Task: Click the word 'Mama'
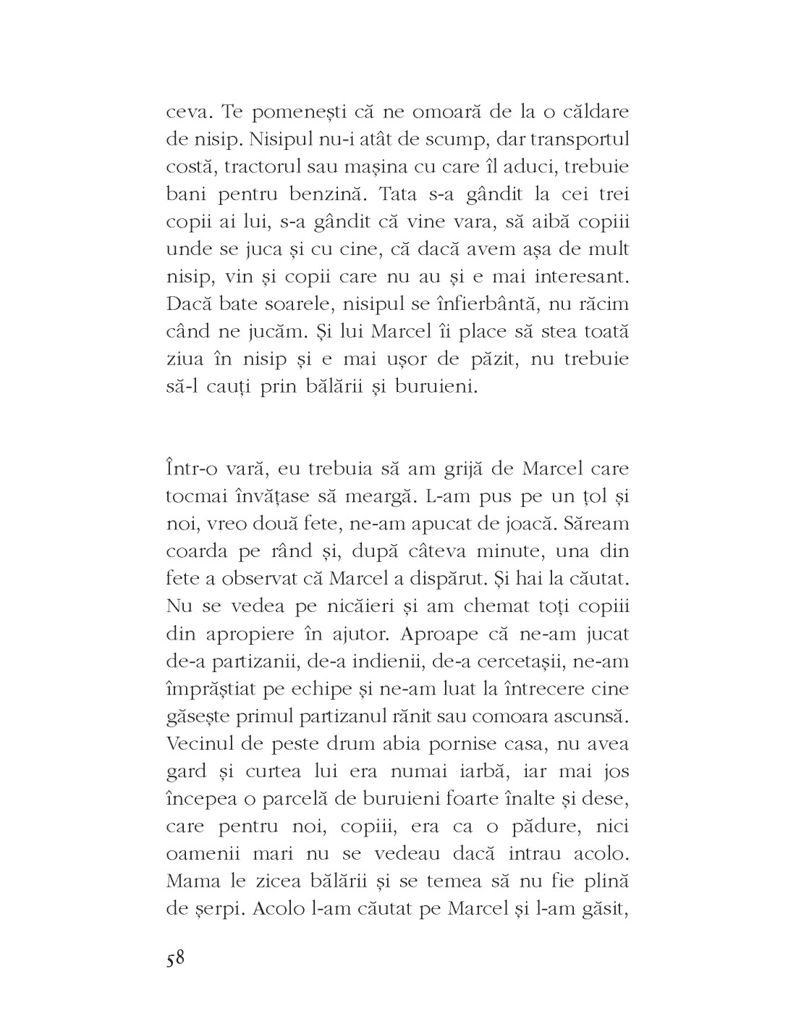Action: click(x=191, y=882)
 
